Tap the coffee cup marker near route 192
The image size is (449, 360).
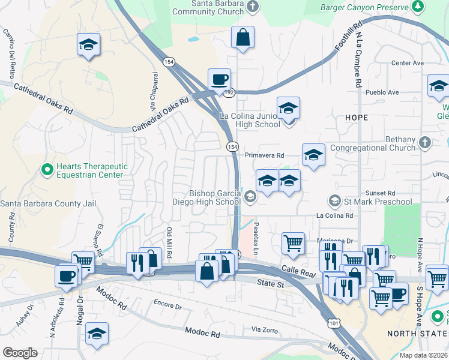(219, 79)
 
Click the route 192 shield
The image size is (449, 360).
(229, 93)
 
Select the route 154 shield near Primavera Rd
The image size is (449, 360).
(232, 146)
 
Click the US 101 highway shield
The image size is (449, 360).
(333, 323)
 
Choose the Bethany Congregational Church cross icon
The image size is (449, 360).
(425, 143)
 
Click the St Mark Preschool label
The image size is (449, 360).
(378, 202)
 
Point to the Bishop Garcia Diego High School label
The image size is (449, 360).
(215, 198)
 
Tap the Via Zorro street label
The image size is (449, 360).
(264, 329)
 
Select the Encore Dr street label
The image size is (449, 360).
(167, 306)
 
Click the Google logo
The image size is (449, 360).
(20, 353)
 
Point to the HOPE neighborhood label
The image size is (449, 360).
(357, 118)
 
